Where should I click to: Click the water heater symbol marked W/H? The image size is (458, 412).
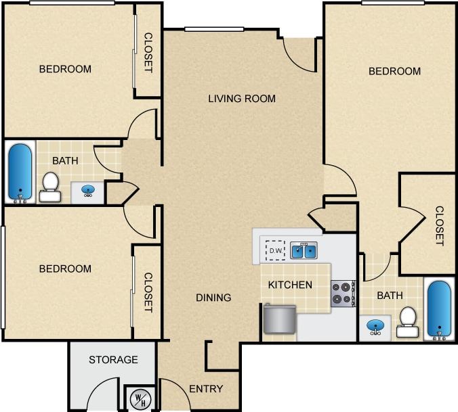pos(139,398)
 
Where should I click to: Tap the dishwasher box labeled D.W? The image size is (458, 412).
pos(275,251)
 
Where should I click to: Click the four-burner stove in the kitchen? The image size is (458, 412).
pos(343,294)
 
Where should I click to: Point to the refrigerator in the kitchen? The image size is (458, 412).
pos(279,319)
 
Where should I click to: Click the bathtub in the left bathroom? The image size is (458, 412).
pos(20,173)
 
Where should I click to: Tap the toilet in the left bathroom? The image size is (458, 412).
pos(50,187)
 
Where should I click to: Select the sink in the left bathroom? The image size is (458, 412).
pos(88,191)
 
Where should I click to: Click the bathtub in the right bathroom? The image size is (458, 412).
pos(440,308)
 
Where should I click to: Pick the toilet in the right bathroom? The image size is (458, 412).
pos(408,322)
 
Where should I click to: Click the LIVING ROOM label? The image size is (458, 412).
pos(242,99)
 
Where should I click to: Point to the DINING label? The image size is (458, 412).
pos(213,298)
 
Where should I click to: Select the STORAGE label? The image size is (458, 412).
pos(113,360)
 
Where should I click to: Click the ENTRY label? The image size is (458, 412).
pos(206,389)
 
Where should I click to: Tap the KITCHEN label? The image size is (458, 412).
pos(290,285)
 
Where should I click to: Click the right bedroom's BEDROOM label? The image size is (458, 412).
pos(394,71)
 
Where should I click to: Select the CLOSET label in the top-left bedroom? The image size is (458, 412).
pos(148,53)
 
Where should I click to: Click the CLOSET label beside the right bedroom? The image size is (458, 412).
pos(439,226)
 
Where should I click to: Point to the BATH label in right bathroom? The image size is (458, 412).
pos(390,296)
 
